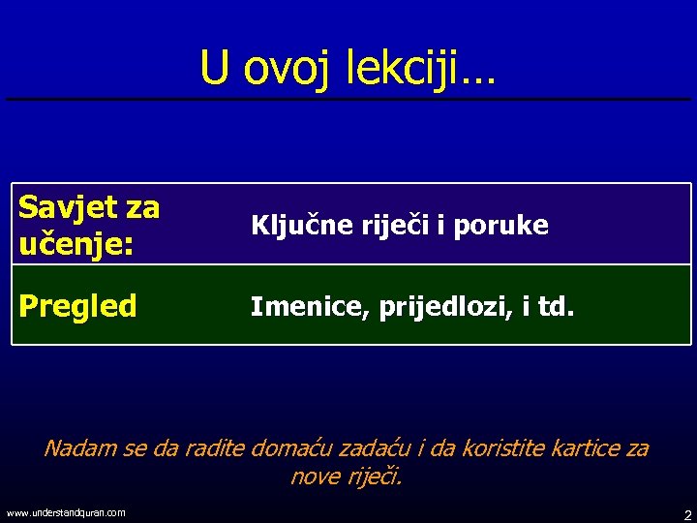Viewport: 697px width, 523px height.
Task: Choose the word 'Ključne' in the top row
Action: [x=294, y=226]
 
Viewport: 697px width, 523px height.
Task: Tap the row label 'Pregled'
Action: [x=78, y=307]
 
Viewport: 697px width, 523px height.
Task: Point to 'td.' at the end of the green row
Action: [x=556, y=307]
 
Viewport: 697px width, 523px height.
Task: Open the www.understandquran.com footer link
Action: [x=66, y=512]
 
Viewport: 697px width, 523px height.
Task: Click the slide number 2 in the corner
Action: [x=686, y=513]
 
